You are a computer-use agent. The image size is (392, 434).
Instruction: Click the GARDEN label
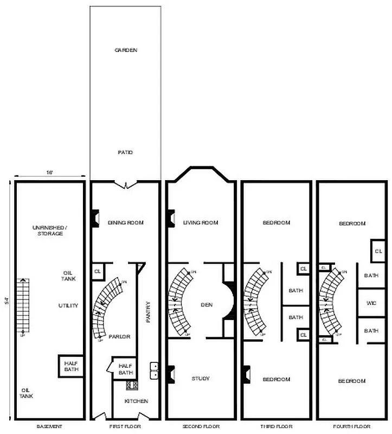coord(125,50)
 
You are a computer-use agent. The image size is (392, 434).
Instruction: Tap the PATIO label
coord(125,152)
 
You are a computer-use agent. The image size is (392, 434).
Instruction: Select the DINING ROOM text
coord(125,222)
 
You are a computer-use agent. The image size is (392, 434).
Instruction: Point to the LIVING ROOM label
coord(200,222)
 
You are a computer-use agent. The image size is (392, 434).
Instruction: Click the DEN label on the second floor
coord(206,305)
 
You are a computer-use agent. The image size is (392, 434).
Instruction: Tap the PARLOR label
coord(119,336)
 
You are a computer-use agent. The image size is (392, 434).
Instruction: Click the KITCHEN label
coord(136,401)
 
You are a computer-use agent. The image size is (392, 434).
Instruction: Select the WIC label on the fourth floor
coord(371,303)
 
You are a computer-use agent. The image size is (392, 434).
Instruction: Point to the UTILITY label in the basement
coord(68,305)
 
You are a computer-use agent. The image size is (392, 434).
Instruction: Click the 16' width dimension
coord(49,173)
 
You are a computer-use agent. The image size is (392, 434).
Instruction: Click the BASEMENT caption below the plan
coord(49,426)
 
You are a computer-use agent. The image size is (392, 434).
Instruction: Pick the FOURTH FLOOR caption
coord(352,426)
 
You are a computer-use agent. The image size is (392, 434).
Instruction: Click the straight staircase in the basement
coord(23,304)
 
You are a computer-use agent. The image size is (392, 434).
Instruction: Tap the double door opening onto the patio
coord(125,184)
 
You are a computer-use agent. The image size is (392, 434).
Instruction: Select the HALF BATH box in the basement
coord(72,366)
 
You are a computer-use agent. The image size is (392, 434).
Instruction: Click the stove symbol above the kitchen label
coord(131,386)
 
